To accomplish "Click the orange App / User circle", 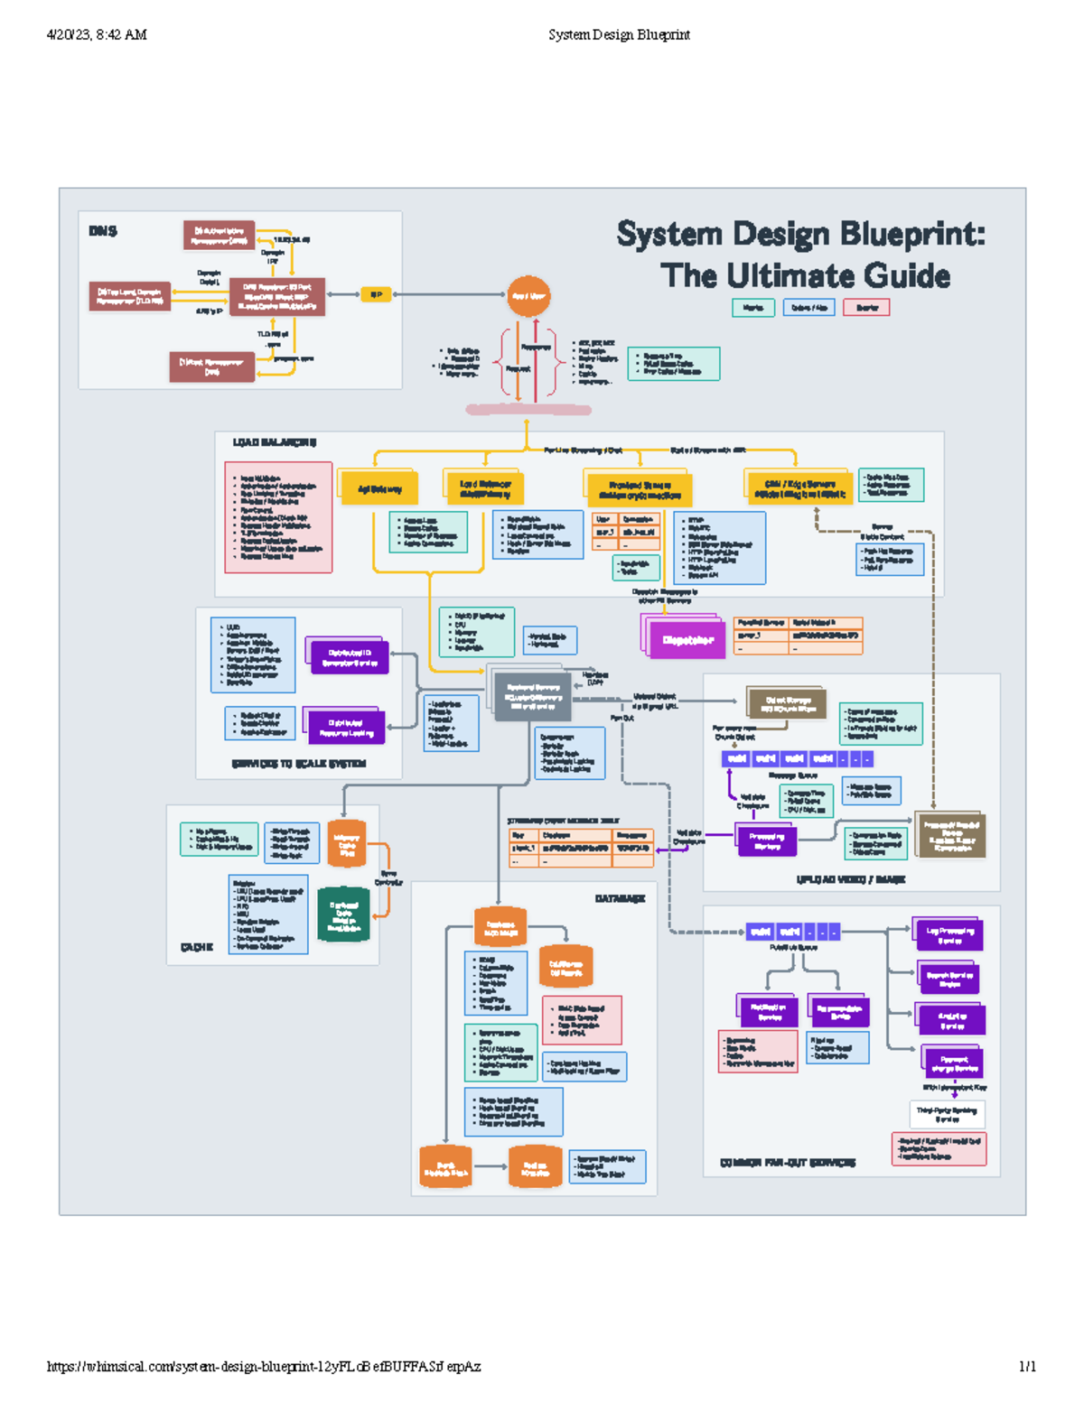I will tap(528, 296).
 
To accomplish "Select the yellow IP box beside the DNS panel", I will tap(375, 294).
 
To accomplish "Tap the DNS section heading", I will tap(102, 231).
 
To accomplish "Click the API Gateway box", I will tap(378, 488).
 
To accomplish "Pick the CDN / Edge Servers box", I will tap(799, 488).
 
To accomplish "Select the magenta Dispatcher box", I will tap(687, 640).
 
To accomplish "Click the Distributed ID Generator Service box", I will tap(350, 658).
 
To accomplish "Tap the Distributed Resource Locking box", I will tap(347, 728).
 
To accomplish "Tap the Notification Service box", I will tap(769, 1012).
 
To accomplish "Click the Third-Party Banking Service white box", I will tap(947, 1114).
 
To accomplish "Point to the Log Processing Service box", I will tap(949, 935).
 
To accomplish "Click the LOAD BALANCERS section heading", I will tap(275, 442).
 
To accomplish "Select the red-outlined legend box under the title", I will tap(866, 308).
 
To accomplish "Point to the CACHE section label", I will tap(196, 947).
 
